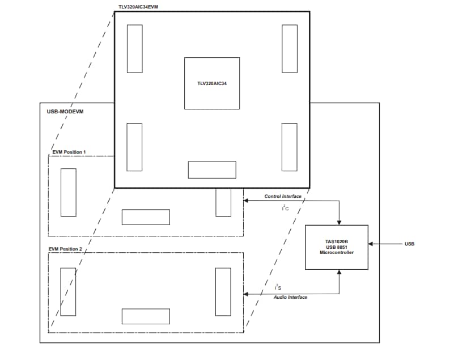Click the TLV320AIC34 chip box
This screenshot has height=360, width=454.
tap(212, 83)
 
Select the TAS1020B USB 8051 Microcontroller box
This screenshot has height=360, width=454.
tap(337, 247)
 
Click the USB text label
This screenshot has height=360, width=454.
tap(409, 244)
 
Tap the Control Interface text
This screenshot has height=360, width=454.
tap(283, 196)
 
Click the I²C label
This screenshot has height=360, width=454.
tap(285, 208)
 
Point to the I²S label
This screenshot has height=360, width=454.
tap(278, 288)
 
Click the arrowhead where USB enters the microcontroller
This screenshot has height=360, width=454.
tap(371, 244)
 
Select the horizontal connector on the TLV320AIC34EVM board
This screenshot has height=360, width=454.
tap(212, 170)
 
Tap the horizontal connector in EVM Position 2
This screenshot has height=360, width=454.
tap(146, 316)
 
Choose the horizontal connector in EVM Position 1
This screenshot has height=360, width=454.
tap(146, 217)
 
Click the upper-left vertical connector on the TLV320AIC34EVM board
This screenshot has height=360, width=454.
tap(134, 48)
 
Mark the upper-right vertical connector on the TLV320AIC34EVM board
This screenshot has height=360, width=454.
tap(289, 48)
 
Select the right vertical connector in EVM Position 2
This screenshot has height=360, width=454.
tap(223, 291)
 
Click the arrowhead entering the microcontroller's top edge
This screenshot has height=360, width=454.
tap(339, 222)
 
